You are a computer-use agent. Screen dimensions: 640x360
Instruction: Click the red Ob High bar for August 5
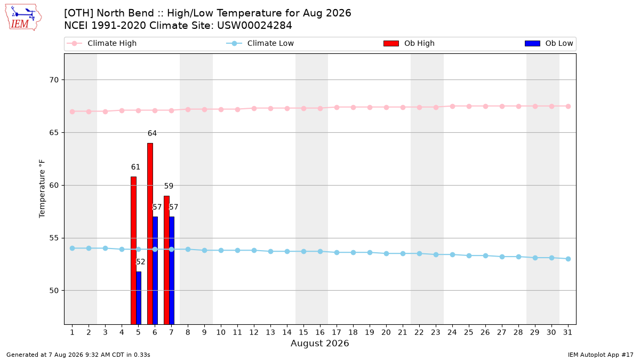[133, 250]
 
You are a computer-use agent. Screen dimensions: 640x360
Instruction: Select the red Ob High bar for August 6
[150, 234]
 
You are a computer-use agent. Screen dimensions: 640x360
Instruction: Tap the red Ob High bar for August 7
[166, 260]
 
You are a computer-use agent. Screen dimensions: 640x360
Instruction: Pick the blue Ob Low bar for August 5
[139, 298]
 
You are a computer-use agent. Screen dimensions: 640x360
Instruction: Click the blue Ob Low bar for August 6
[155, 270]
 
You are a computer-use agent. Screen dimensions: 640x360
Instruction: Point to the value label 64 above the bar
[152, 133]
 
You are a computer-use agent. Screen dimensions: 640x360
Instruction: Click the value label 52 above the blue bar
[140, 262]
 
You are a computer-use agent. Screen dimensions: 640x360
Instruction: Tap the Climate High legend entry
[102, 43]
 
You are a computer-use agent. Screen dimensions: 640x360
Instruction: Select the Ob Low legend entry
[549, 43]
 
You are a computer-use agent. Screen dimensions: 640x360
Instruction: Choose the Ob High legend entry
[409, 43]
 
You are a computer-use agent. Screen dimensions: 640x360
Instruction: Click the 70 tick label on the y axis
[54, 79]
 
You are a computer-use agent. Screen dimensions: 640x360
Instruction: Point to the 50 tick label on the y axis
[54, 291]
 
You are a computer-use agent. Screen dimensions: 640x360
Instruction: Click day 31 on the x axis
[567, 332]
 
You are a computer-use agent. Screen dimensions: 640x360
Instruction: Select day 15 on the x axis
[303, 332]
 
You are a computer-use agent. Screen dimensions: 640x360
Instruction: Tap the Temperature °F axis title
[42, 189]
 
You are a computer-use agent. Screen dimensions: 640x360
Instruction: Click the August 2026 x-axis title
[319, 343]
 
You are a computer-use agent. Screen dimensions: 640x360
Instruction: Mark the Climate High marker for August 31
[568, 106]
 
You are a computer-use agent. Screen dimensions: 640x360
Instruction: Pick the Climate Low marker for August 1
[73, 249]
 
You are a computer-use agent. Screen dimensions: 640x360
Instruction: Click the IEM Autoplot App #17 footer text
[601, 355]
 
